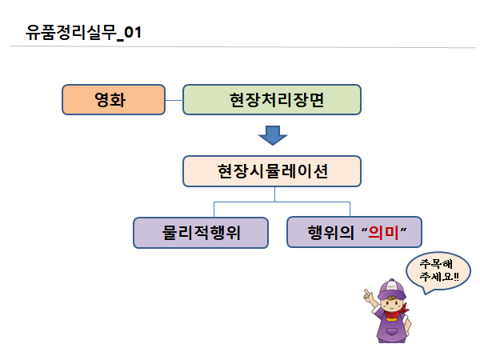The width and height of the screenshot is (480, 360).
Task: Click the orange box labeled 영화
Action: pyautogui.click(x=114, y=100)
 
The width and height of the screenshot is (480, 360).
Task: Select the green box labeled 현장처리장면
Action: pyautogui.click(x=272, y=100)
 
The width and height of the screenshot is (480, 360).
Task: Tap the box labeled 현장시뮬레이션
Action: pyautogui.click(x=272, y=170)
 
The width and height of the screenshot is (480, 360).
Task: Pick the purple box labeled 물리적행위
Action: pyautogui.click(x=200, y=232)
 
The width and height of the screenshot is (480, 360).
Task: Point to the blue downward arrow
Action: pyautogui.click(x=274, y=134)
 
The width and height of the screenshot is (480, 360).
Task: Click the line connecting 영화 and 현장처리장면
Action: pyautogui.click(x=174, y=100)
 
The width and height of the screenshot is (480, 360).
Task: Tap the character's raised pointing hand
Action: pyautogui.click(x=367, y=296)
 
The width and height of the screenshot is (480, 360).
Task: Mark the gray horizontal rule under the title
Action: pyautogui.click(x=240, y=48)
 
